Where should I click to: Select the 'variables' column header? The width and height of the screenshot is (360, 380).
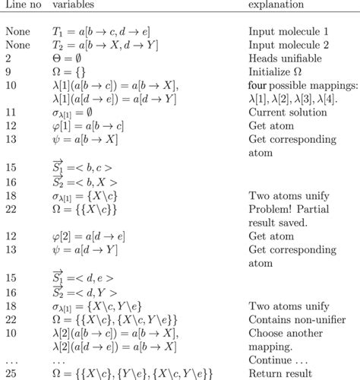pyautogui.click(x=72, y=7)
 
